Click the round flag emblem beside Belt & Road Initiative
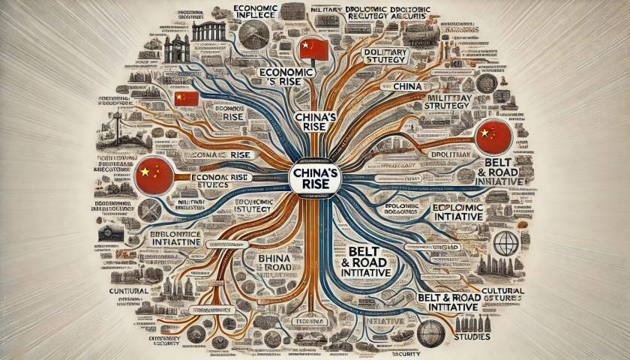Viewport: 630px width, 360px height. [x=493, y=137]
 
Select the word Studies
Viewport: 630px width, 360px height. [x=472, y=337]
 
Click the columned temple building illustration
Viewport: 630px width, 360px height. [x=209, y=31]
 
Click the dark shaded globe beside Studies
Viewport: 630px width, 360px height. [x=430, y=332]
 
